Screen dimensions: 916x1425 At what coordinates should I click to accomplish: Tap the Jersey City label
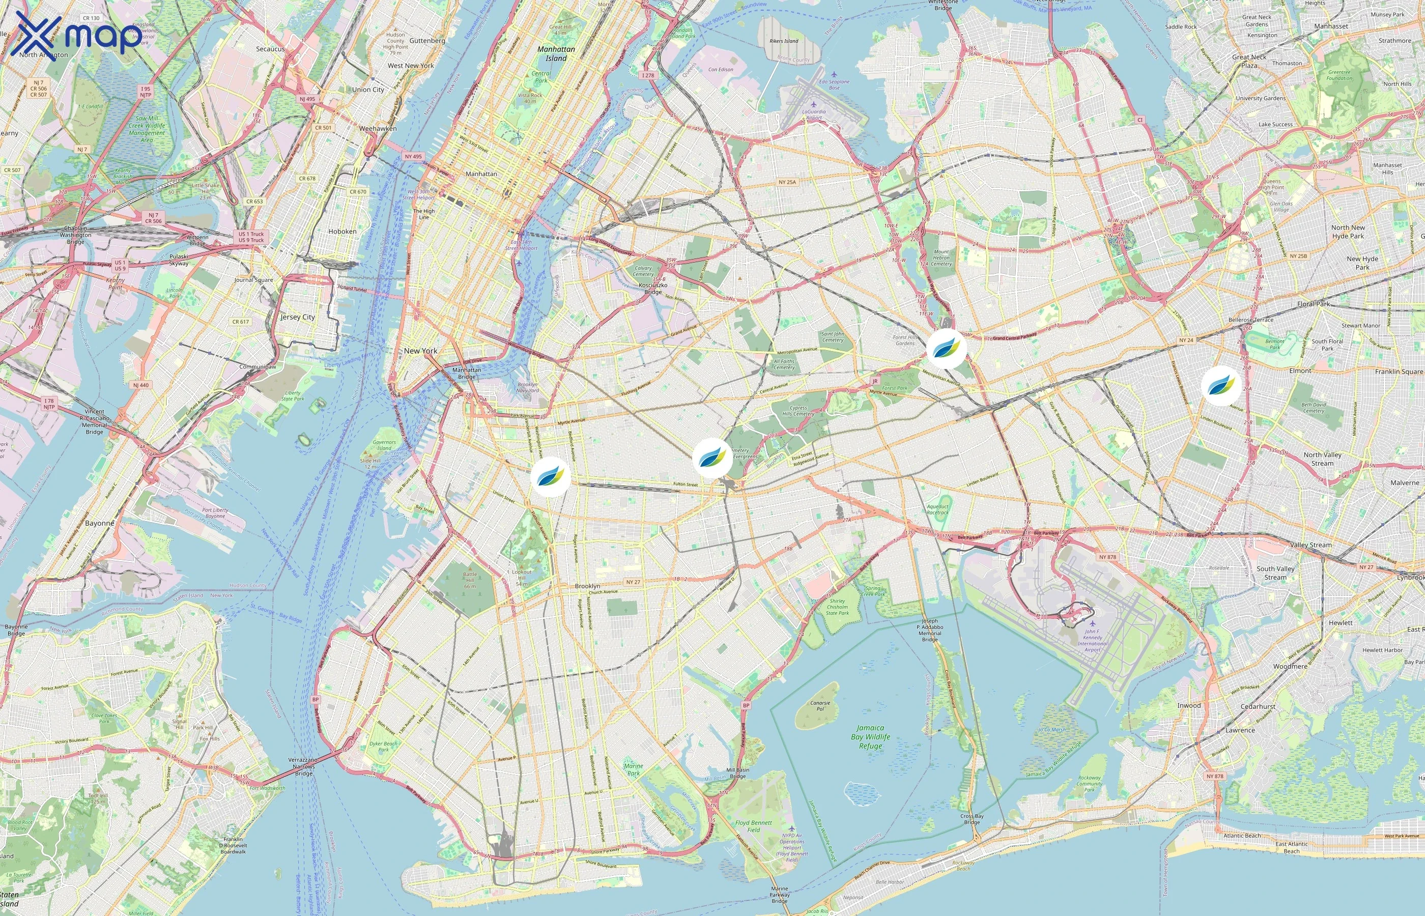[297, 317]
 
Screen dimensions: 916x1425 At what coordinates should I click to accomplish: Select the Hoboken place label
[342, 232]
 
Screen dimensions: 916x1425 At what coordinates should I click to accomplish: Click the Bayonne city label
[99, 524]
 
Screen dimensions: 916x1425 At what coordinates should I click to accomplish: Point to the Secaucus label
[270, 49]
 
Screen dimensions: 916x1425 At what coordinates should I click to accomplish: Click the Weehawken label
[378, 128]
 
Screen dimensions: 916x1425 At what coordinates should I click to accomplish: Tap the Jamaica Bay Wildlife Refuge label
[871, 736]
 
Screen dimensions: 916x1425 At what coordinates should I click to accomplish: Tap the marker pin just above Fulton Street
[712, 457]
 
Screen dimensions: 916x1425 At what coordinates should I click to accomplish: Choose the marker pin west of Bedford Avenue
[551, 476]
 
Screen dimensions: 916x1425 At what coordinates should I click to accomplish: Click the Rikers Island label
[784, 41]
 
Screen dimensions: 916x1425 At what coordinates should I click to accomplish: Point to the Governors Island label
[384, 445]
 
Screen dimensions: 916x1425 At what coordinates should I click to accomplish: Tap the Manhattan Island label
[556, 53]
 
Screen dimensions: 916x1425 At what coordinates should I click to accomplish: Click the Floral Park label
[1313, 304]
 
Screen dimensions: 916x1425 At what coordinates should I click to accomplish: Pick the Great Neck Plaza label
[1249, 61]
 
